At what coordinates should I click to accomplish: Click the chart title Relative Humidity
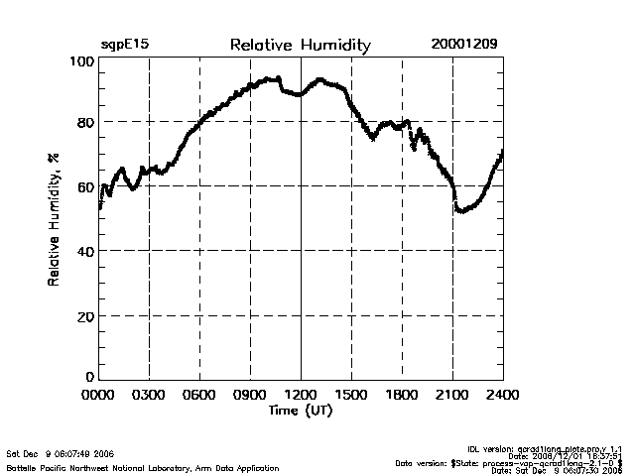click(300, 45)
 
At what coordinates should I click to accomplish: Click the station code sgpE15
click(125, 45)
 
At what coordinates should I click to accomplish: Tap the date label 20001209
click(464, 45)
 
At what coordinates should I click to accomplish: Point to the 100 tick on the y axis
click(81, 61)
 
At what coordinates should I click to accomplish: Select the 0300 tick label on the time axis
click(149, 396)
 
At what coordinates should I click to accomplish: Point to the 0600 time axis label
click(199, 396)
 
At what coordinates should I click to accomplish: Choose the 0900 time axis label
click(250, 396)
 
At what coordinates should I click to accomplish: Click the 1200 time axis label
click(301, 396)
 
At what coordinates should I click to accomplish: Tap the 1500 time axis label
click(351, 396)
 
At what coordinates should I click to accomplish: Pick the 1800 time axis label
click(402, 396)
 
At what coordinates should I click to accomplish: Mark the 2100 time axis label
click(452, 396)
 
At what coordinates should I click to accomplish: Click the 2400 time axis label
click(502, 396)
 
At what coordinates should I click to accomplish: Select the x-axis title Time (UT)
click(300, 411)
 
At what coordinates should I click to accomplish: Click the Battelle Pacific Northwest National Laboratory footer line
click(143, 467)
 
